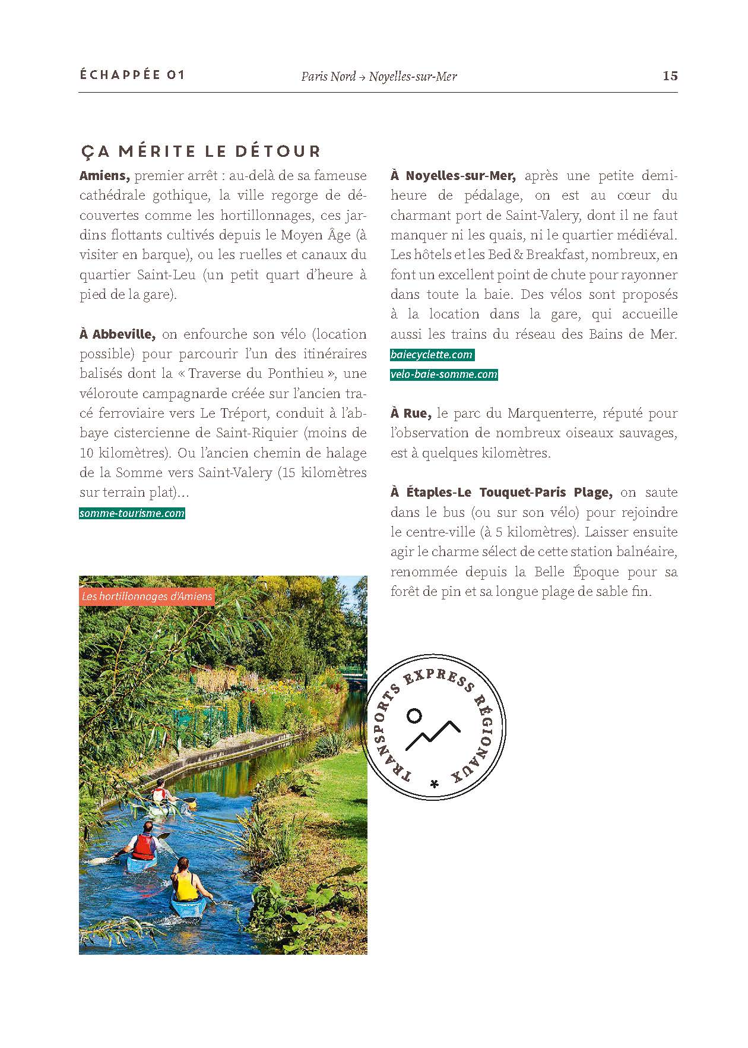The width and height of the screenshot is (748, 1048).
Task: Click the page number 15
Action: [670, 76]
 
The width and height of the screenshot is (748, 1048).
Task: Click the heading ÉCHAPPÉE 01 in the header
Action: [132, 75]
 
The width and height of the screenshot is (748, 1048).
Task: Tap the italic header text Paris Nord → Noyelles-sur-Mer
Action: [379, 76]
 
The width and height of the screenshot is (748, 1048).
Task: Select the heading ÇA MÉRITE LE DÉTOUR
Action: [201, 151]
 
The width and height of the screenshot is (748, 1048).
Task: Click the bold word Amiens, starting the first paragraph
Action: [104, 176]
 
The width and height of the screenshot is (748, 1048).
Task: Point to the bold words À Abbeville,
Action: [118, 334]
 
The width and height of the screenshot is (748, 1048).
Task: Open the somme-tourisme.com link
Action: [132, 513]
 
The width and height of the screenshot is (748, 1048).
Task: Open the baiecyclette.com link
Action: [432, 355]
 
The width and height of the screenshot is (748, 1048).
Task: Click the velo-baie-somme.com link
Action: [444, 375]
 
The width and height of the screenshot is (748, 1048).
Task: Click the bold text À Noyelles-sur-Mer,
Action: [454, 176]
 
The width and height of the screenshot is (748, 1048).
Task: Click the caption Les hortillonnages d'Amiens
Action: [147, 596]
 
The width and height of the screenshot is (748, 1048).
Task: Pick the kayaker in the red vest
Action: [143, 844]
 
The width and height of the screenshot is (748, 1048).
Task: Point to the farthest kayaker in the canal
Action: [159, 796]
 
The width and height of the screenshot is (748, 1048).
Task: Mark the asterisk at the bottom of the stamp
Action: [435, 784]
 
